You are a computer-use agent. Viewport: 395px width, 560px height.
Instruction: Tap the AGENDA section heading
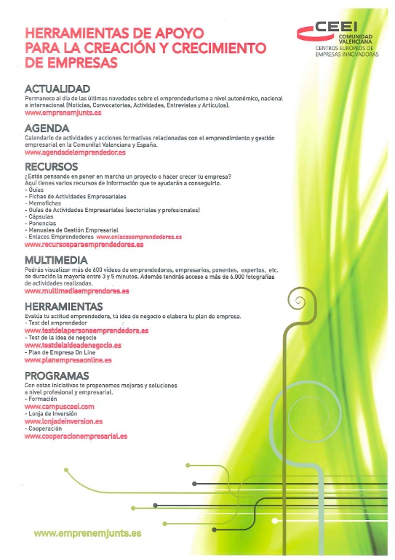pyautogui.click(x=47, y=129)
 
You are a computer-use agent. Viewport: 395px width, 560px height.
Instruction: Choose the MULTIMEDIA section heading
pyautogui.click(x=56, y=259)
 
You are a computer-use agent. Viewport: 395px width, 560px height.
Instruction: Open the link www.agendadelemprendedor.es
pyautogui.click(x=76, y=153)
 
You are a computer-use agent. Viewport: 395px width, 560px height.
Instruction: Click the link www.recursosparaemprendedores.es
pyautogui.click(x=84, y=245)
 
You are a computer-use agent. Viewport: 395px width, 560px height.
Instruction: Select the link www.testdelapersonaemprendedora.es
pyautogui.click(x=87, y=330)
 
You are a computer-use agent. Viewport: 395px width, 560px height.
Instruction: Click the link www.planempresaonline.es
pyautogui.click(x=68, y=360)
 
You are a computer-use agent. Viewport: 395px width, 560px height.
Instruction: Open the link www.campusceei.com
pyautogui.click(x=60, y=407)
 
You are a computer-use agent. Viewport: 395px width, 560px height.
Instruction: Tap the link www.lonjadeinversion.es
pyautogui.click(x=63, y=421)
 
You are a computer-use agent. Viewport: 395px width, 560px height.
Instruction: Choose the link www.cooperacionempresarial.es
pyautogui.click(x=76, y=436)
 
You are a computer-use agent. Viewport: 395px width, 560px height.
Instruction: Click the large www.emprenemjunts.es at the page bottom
pyautogui.click(x=88, y=533)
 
